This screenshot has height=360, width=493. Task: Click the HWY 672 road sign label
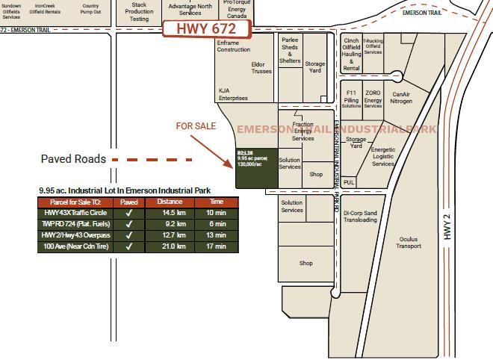[x=205, y=29]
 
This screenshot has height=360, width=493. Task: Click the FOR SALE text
[x=196, y=126]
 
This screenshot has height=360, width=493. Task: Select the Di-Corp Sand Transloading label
[x=360, y=217]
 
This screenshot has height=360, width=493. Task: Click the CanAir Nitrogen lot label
[x=401, y=98]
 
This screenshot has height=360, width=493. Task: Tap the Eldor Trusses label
[x=262, y=68]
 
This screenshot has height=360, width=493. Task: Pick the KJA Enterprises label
[x=233, y=94]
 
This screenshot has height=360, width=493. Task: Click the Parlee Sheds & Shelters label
[x=289, y=51]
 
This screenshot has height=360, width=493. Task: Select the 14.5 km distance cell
[x=170, y=213]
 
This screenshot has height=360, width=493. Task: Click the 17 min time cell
[x=217, y=246]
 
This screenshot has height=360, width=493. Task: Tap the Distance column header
[x=170, y=202]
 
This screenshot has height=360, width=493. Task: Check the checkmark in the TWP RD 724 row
[x=128, y=224]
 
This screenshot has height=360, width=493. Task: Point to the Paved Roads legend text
[x=73, y=159]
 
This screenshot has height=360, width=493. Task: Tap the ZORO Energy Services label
[x=373, y=98]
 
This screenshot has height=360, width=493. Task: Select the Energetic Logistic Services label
[x=383, y=157]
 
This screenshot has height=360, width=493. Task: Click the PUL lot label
[x=349, y=182]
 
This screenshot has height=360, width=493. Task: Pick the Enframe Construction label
[x=234, y=46]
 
